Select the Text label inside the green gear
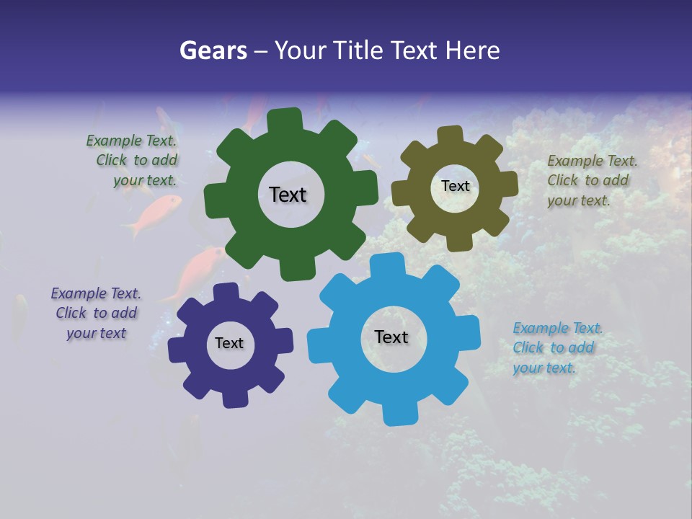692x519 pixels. (x=288, y=195)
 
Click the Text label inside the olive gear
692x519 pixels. (x=455, y=186)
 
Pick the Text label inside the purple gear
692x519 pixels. (x=229, y=343)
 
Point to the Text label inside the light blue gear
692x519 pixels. (x=391, y=337)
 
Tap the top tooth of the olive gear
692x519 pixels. (x=451, y=135)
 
